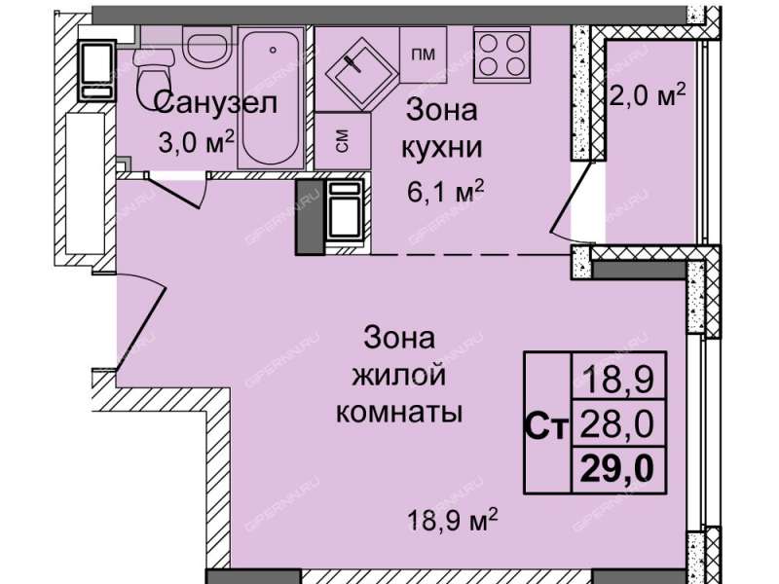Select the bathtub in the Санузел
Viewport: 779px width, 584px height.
click(272, 98)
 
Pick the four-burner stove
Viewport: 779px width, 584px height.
click(501, 55)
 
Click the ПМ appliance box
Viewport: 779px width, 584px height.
click(423, 55)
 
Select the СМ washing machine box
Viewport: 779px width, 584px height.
click(343, 140)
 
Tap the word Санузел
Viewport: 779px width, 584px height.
click(215, 103)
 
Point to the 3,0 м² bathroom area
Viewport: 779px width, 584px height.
click(196, 142)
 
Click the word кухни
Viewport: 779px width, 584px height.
click(442, 147)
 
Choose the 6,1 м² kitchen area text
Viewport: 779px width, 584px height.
click(445, 192)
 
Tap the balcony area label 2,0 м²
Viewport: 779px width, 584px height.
click(647, 94)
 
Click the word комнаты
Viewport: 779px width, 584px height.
click(399, 412)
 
